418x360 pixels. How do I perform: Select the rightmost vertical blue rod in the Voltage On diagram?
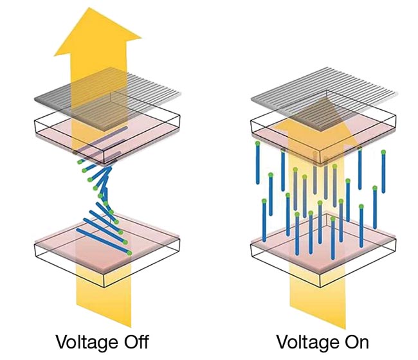tap(383, 174)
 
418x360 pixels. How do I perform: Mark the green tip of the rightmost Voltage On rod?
tap(383, 152)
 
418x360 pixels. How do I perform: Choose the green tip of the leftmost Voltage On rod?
tap(257, 143)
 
